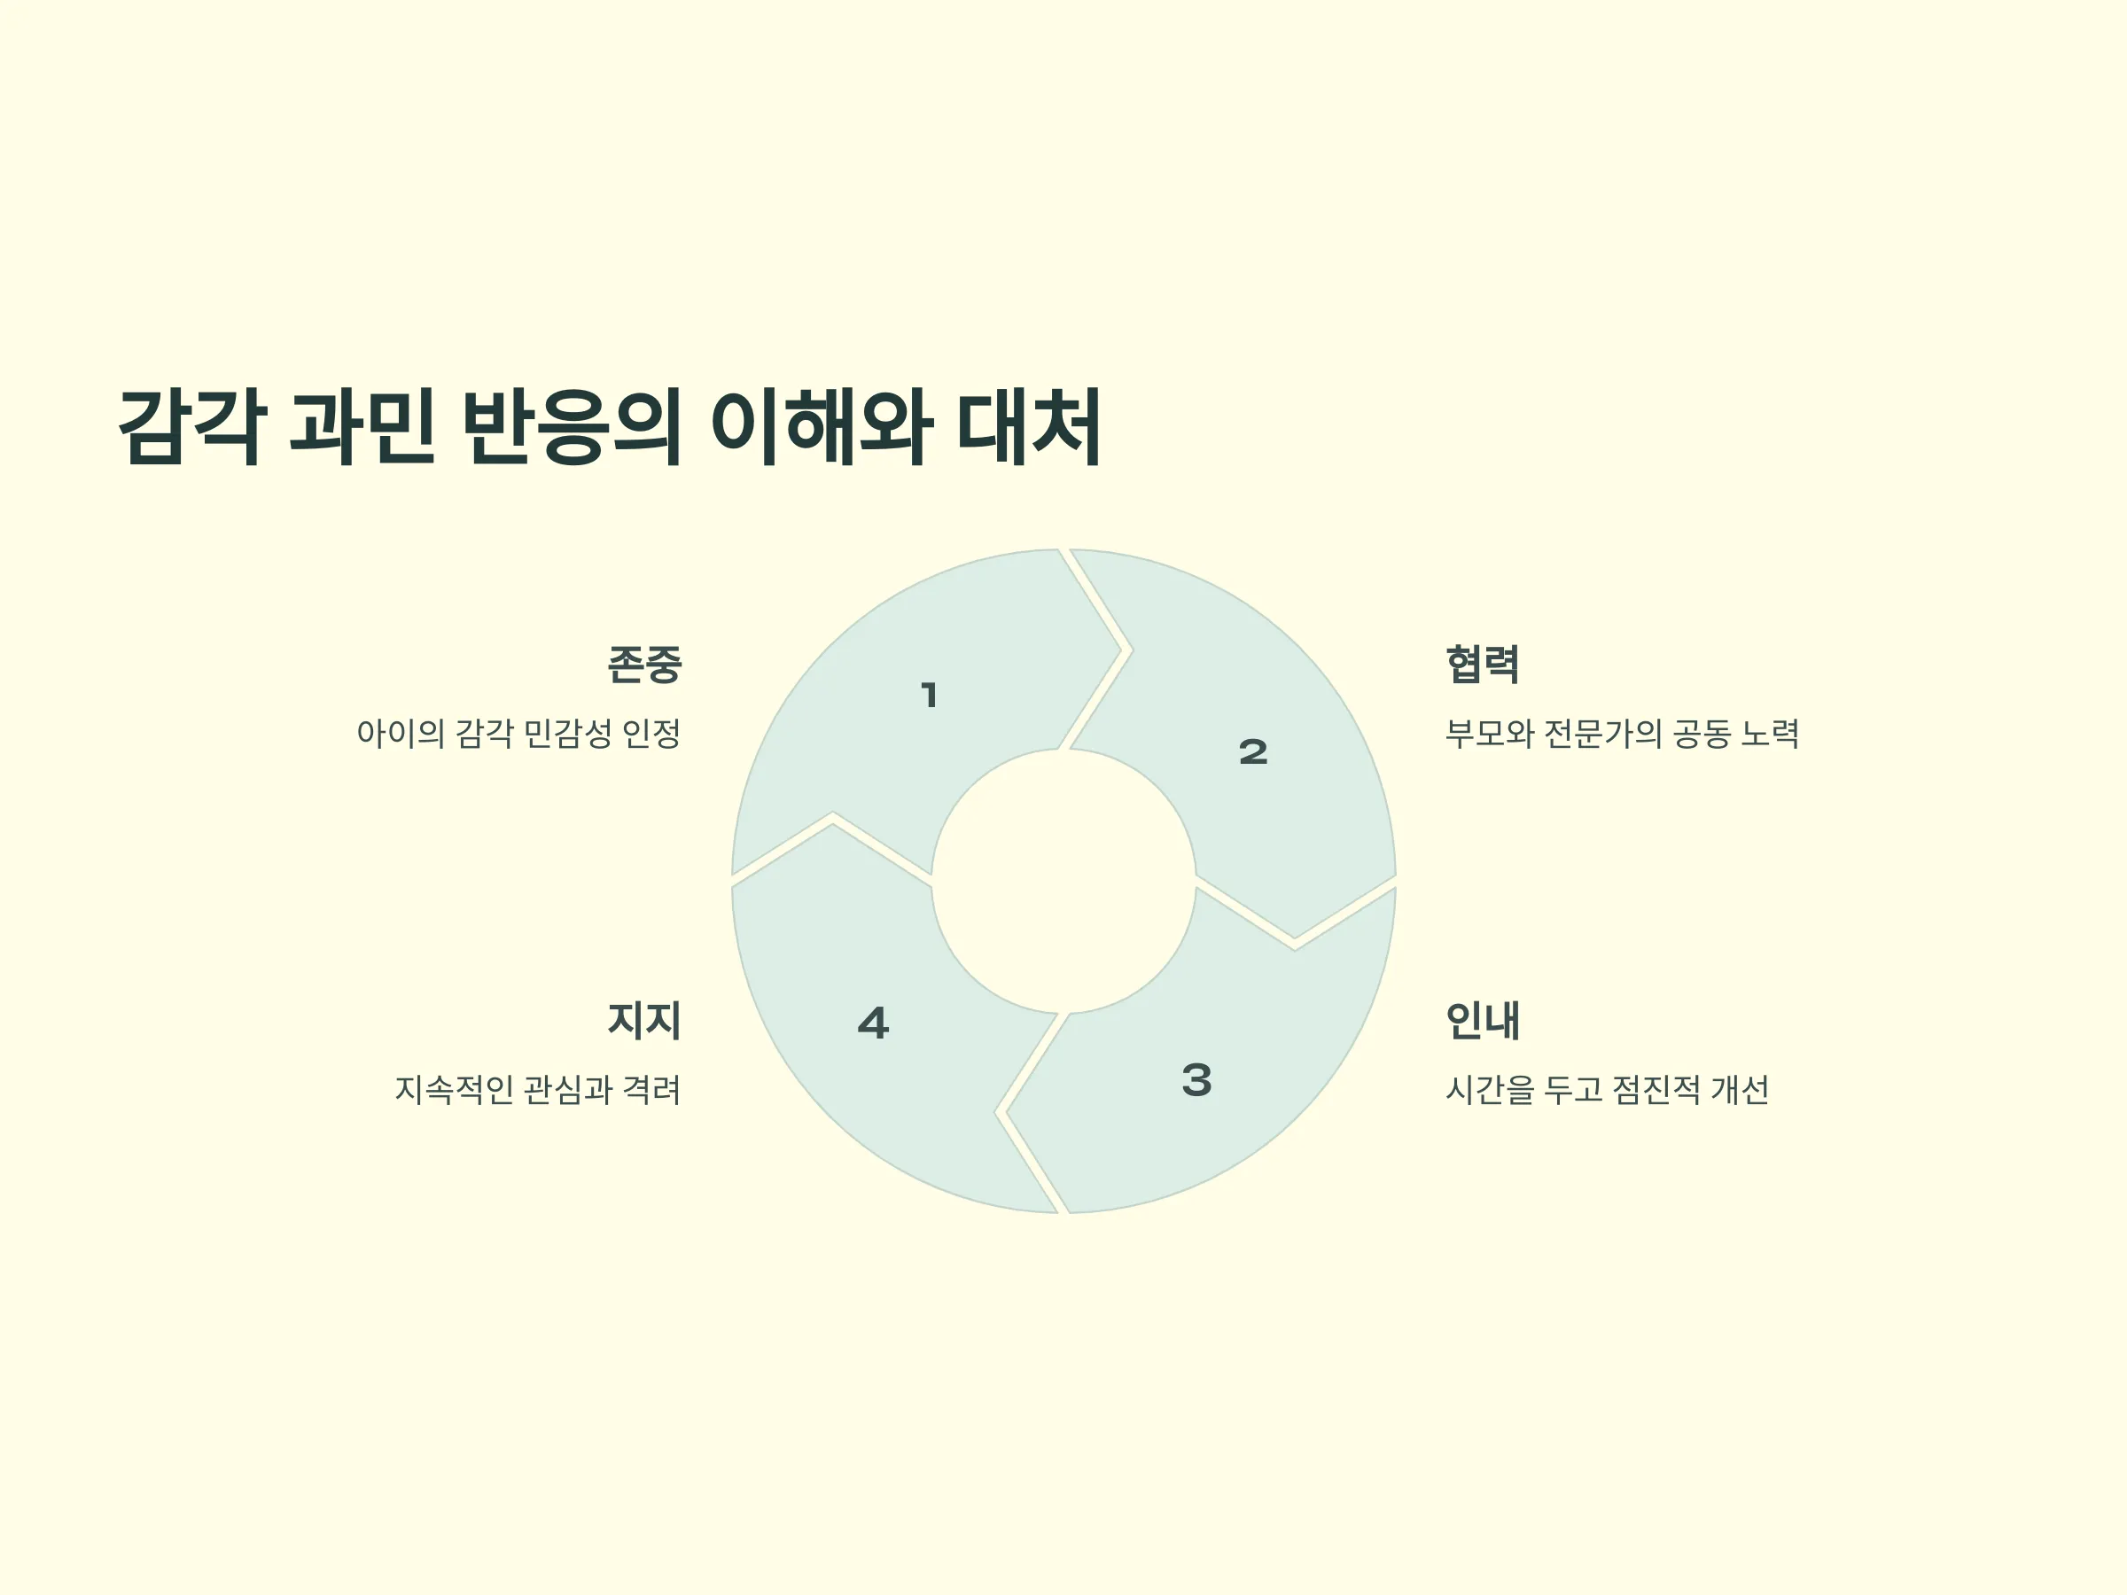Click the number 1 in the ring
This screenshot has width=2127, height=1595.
(929, 695)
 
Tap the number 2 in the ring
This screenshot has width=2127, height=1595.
(1253, 751)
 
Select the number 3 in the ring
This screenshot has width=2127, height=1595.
(1197, 1079)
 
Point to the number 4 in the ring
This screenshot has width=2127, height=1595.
(873, 1023)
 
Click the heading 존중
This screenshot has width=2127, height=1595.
(644, 665)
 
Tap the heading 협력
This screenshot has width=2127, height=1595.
(1483, 665)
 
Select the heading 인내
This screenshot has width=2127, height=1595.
(1483, 1020)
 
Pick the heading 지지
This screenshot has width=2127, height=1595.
(644, 1020)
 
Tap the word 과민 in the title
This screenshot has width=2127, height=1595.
(362, 427)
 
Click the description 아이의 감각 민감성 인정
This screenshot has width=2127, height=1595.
(518, 734)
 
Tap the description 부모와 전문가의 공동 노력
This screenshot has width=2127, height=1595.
(1622, 734)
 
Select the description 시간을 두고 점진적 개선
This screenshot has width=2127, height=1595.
(1608, 1089)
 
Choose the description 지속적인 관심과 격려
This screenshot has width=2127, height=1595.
(538, 1089)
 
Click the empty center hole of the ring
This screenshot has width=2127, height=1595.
(1063, 881)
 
